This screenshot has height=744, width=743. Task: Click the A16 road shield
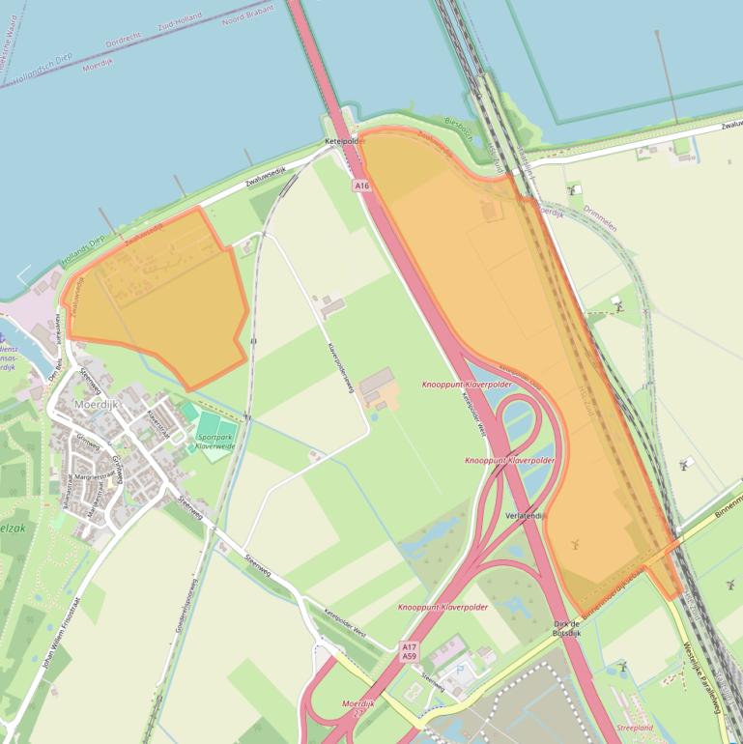point(361,185)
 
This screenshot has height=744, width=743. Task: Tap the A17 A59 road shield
point(410,651)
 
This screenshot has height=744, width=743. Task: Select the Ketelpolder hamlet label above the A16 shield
point(344,142)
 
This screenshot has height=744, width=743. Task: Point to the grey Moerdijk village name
point(95,405)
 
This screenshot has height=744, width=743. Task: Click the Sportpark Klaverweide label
point(216,442)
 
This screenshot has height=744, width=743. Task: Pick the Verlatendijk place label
point(526,516)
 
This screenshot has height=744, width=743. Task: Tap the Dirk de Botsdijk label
point(566,628)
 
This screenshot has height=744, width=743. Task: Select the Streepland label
point(635,728)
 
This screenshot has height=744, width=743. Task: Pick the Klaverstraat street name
point(157,423)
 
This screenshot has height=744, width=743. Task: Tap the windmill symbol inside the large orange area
point(573,544)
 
